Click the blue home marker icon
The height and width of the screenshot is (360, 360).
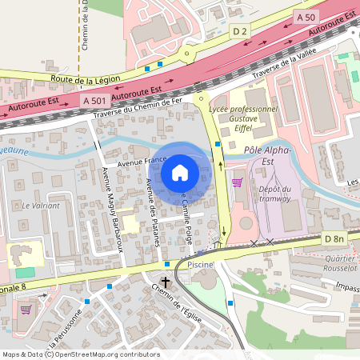coord(180,172)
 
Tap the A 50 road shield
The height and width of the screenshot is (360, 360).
coord(305,17)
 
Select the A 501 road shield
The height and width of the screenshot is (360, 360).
coord(94,100)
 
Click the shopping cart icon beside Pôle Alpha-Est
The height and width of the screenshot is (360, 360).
coord(237,182)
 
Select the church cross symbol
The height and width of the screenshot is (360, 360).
coord(166,282)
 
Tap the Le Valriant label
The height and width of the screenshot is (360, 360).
coord(41,206)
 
